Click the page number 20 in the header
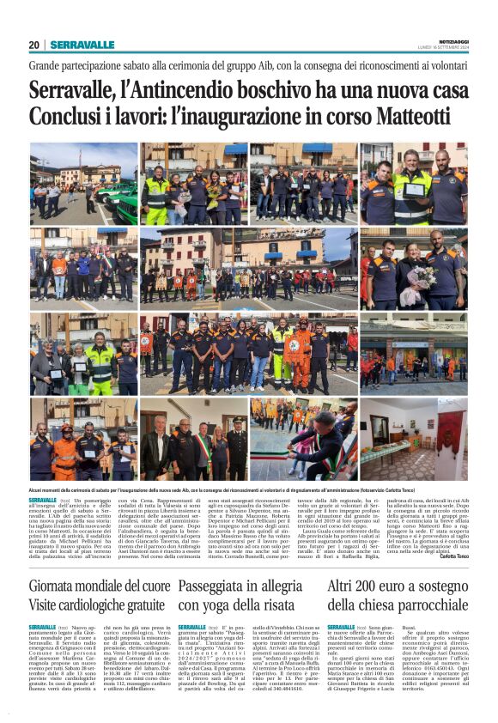click(x=34, y=45)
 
